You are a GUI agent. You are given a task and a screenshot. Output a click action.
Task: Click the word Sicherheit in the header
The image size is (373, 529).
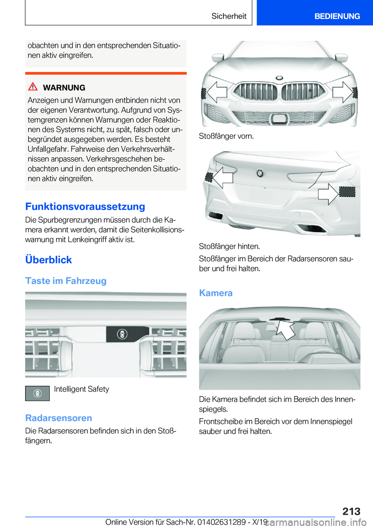click(x=229, y=16)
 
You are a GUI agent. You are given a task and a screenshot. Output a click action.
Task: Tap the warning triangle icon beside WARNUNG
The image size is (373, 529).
click(x=33, y=87)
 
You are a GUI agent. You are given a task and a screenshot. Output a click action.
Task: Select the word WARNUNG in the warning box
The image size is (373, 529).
click(x=64, y=88)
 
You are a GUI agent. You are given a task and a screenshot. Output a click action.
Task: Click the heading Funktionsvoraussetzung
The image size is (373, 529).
click(x=85, y=207)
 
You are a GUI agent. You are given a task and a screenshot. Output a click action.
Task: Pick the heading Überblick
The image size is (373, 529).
click(x=49, y=260)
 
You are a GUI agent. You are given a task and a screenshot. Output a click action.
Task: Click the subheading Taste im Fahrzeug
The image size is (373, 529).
click(x=66, y=281)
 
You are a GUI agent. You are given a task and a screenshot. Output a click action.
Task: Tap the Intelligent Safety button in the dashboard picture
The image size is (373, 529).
click(x=122, y=334)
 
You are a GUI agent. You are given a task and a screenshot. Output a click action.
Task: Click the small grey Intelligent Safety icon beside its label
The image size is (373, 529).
click(x=37, y=393)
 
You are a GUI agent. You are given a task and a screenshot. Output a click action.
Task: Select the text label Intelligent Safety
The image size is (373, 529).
click(x=82, y=389)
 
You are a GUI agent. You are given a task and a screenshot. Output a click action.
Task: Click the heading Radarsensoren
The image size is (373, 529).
click(x=59, y=418)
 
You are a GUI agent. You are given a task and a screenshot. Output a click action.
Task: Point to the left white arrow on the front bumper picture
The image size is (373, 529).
click(x=216, y=92)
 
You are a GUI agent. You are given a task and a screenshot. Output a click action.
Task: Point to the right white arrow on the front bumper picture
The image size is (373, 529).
click(x=342, y=92)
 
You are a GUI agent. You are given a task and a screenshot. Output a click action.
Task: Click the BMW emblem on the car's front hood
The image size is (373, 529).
click(x=279, y=78)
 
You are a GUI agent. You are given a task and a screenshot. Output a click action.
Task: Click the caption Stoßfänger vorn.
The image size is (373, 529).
click(x=226, y=136)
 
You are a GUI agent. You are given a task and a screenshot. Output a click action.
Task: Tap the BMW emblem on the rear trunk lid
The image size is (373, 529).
click(x=260, y=173)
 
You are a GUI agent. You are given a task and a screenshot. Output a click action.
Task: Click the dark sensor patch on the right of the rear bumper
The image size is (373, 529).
click(x=347, y=192)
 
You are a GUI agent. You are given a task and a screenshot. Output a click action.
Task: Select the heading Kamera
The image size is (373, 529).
click(x=216, y=293)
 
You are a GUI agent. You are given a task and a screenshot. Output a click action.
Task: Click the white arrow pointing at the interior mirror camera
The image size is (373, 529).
click(x=286, y=329)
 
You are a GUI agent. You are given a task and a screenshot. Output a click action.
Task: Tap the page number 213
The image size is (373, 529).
click(x=351, y=511)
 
